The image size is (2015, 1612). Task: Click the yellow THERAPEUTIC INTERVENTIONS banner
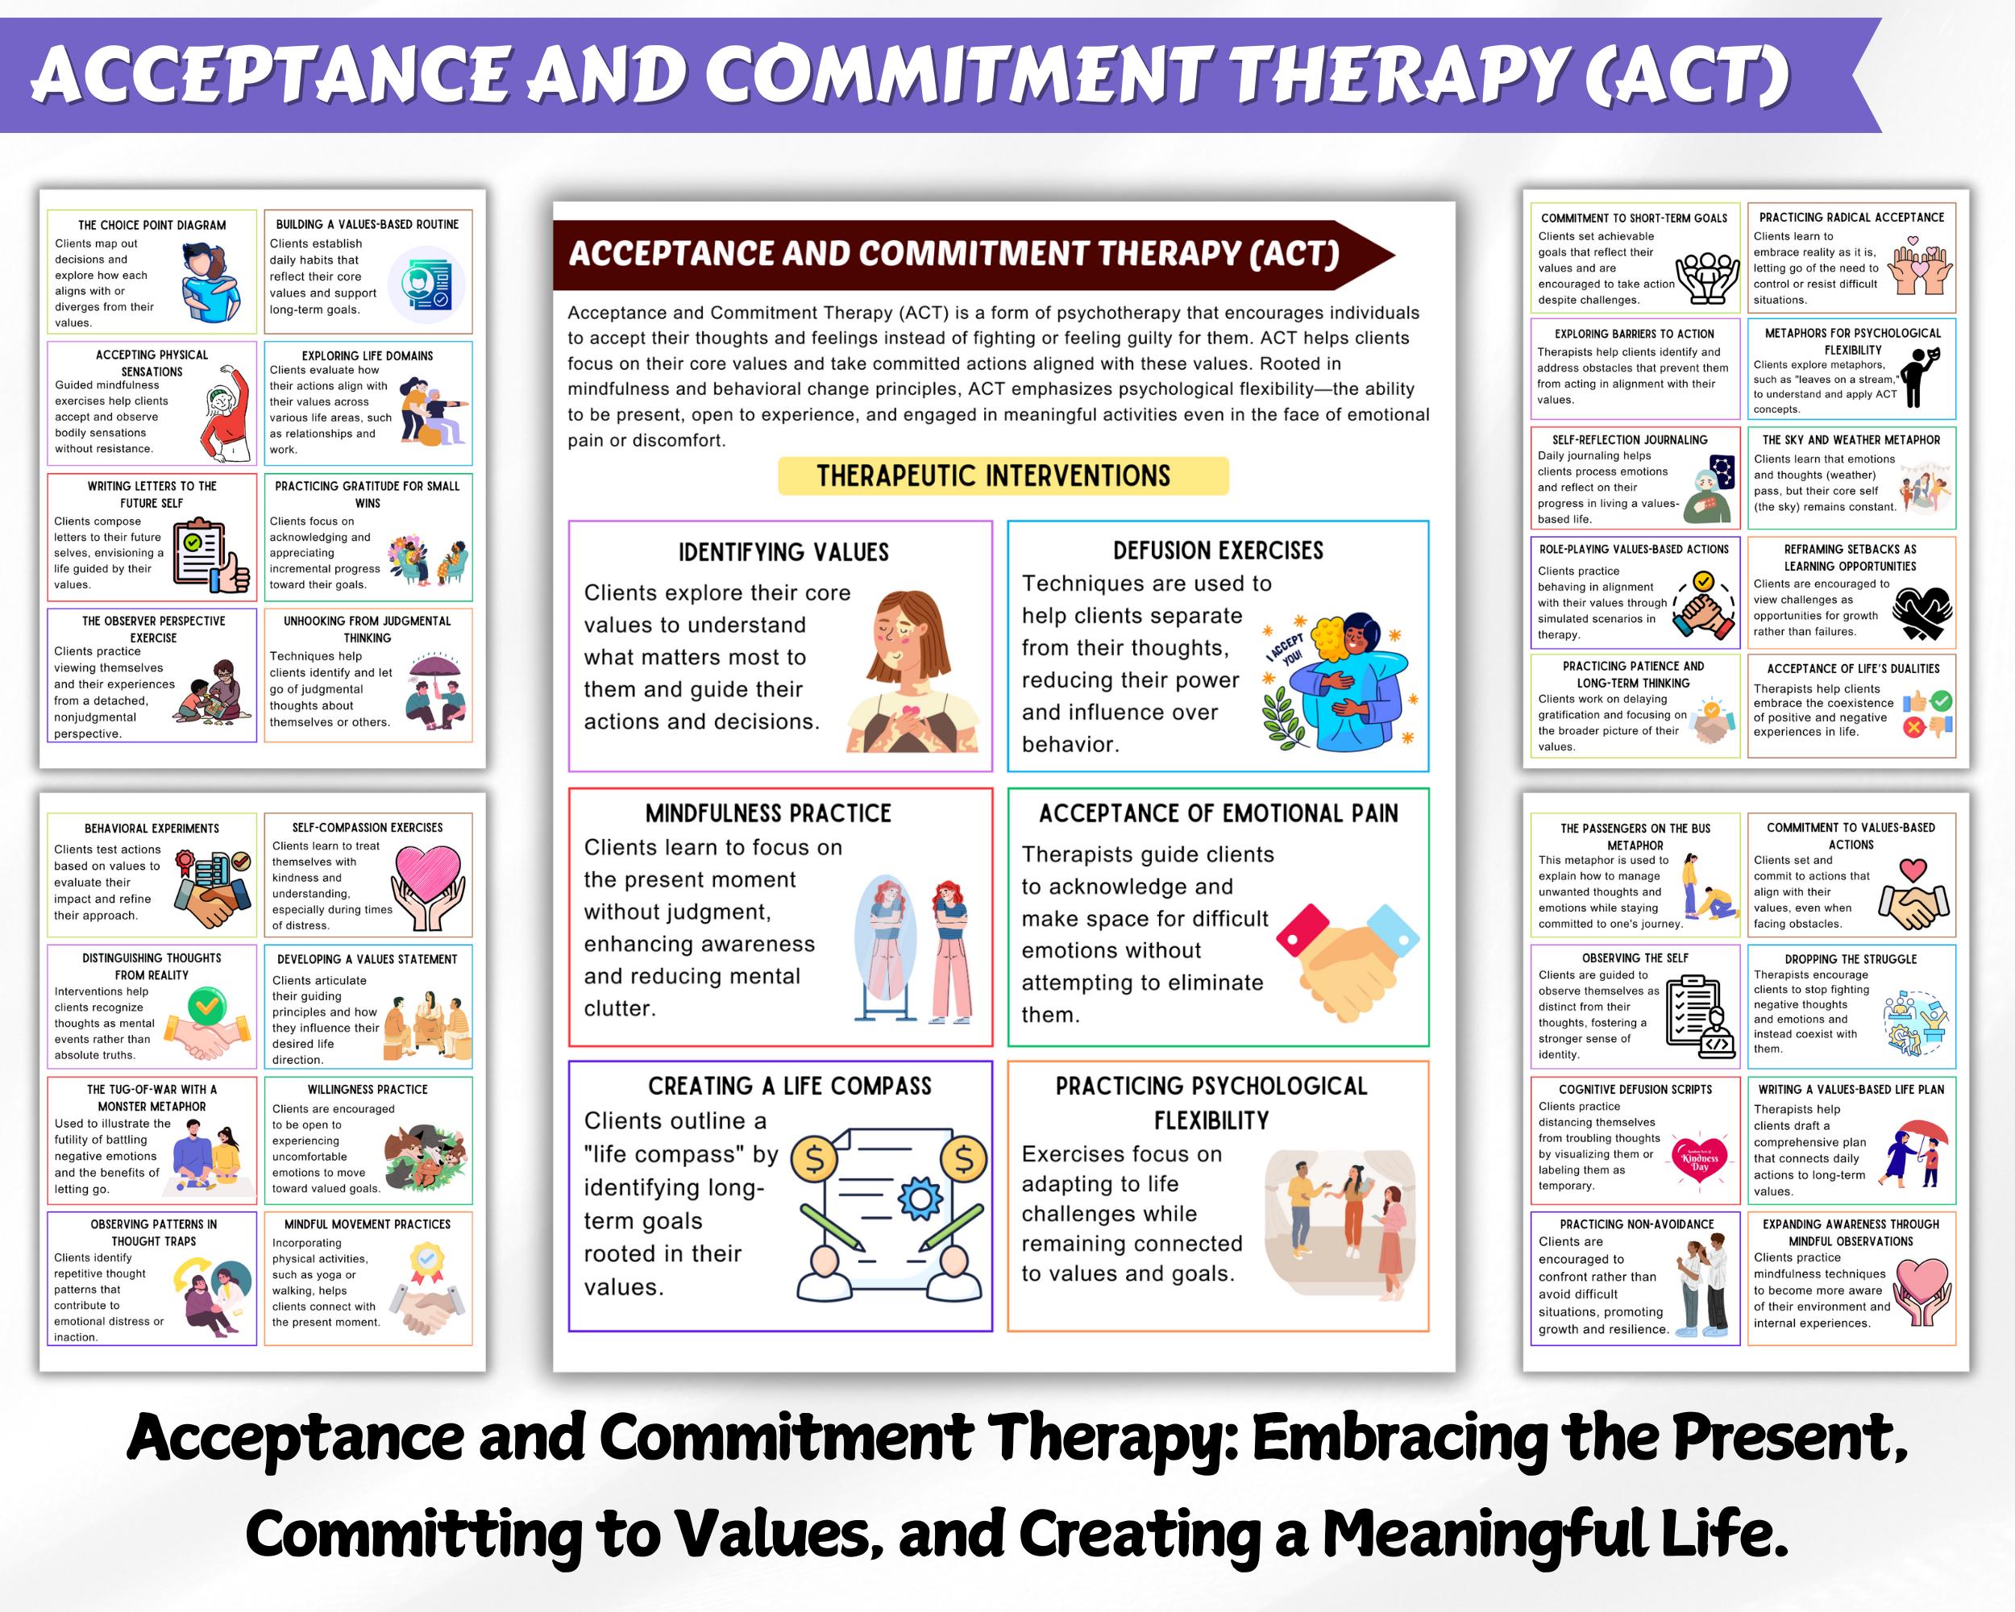1002,476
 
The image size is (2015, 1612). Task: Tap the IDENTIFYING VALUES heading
783,552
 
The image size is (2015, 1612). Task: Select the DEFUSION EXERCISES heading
1218,550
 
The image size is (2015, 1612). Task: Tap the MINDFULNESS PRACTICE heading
768,813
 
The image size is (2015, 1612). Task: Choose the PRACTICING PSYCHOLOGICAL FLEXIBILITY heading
1211,1103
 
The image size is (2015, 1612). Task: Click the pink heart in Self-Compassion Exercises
426,871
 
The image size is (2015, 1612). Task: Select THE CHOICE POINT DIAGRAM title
152,225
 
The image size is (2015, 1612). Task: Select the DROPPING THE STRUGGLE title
1851,959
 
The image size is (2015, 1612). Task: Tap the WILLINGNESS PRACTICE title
368,1090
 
